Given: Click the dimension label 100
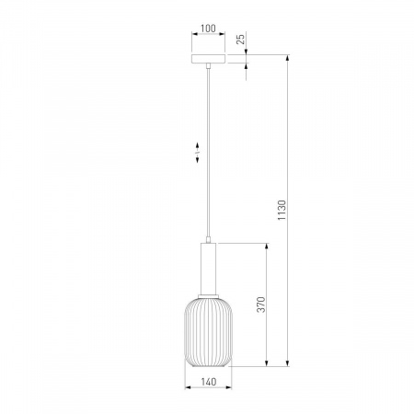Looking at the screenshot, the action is tap(208, 29).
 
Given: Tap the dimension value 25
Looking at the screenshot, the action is tap(241, 39).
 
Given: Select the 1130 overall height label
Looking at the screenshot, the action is tap(282, 210).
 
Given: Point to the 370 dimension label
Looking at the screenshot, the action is tap(261, 305).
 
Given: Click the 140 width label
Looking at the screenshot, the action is tap(209, 382).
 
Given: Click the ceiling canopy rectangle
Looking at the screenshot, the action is tap(208, 59).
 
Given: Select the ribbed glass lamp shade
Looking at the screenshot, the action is tap(208, 332).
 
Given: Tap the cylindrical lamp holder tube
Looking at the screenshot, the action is tap(208, 269).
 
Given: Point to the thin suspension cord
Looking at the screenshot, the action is tap(208, 154).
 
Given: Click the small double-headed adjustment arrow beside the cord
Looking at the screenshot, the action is tap(197, 153).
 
